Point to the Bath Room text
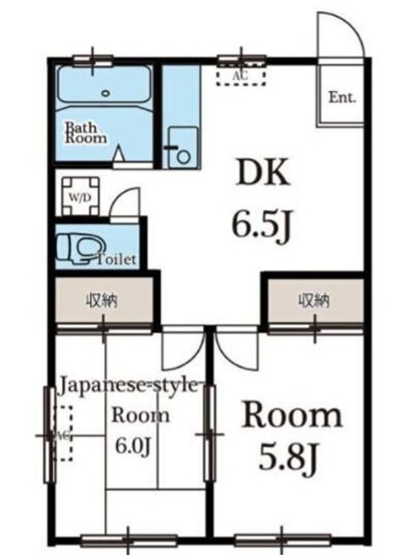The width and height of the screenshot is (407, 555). click(x=86, y=131)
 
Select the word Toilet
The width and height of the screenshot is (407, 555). click(x=115, y=259)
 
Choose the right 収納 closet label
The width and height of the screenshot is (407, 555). click(x=315, y=301)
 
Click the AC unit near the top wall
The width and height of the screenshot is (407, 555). click(x=240, y=75)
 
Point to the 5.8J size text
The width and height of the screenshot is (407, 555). click(x=290, y=458)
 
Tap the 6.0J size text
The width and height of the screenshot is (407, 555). click(x=135, y=447)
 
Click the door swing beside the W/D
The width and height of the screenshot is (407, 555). click(x=126, y=205)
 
